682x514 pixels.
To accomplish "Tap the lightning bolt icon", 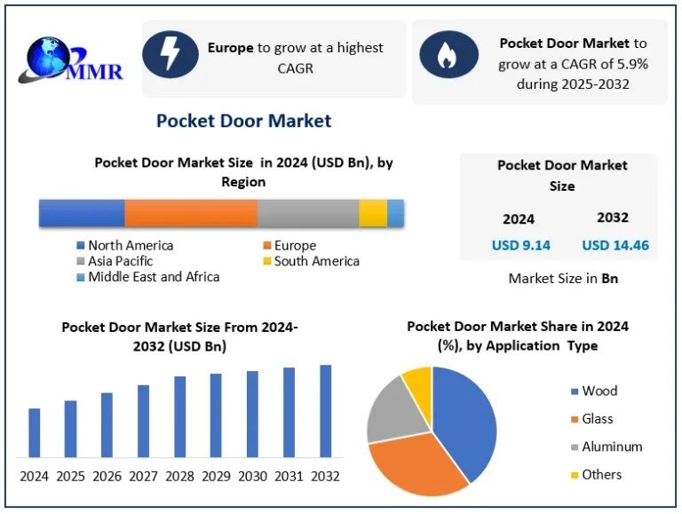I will pyautogui.click(x=170, y=55).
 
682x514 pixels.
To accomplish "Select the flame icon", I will pyautogui.click(x=448, y=55).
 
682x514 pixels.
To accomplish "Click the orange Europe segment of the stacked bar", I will pyautogui.click(x=191, y=213).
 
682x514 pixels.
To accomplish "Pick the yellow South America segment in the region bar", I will pyautogui.click(x=373, y=213).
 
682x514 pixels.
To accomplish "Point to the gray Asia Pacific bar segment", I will pyautogui.click(x=308, y=213).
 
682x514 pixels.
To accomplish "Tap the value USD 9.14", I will pyautogui.click(x=521, y=245).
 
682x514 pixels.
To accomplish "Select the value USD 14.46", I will pyautogui.click(x=615, y=245).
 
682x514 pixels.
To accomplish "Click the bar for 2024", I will pyautogui.click(x=35, y=432).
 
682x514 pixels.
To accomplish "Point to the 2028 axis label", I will pyautogui.click(x=180, y=476).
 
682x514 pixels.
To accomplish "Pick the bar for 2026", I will pyautogui.click(x=107, y=424).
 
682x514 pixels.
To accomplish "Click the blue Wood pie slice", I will pyautogui.click(x=464, y=417).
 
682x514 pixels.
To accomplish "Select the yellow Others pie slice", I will pyautogui.click(x=417, y=382).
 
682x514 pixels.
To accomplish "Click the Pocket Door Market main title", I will pyautogui.click(x=243, y=121).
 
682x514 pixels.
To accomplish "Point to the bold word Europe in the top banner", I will pyautogui.click(x=231, y=47).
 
